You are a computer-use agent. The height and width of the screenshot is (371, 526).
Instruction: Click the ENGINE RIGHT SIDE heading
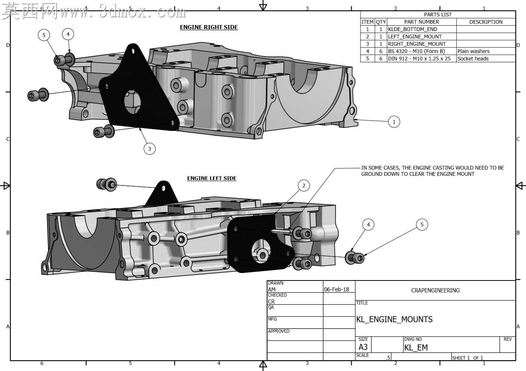click(x=209, y=27)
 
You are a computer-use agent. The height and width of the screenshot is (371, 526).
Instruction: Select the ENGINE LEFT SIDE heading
click(x=212, y=178)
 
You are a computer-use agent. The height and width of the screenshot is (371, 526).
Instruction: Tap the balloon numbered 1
click(x=394, y=122)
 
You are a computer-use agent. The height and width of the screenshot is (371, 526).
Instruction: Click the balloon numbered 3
click(x=150, y=148)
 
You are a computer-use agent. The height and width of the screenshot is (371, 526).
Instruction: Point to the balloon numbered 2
click(x=304, y=185)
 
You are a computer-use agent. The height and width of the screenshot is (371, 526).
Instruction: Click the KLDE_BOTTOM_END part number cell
click(x=412, y=29)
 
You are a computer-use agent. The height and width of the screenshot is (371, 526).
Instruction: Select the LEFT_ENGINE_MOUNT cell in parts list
click(x=415, y=37)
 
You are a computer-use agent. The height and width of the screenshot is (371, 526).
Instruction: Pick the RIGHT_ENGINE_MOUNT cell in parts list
click(x=417, y=44)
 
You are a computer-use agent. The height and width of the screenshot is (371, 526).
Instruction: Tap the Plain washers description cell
click(x=473, y=51)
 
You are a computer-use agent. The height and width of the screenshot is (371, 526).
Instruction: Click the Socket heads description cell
click(x=473, y=58)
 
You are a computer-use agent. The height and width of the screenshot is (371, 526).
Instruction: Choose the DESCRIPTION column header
click(x=486, y=22)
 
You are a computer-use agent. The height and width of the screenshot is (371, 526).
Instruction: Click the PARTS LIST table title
click(x=438, y=15)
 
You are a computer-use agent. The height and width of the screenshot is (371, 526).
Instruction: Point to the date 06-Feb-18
click(x=336, y=289)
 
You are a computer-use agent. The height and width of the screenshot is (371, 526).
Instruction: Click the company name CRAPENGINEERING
click(x=435, y=291)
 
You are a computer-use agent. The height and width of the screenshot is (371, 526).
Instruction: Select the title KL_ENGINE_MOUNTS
click(x=394, y=319)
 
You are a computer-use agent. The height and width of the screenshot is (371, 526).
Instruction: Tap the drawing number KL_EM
click(x=416, y=347)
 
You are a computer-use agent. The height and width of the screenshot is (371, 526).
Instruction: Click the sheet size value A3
click(x=363, y=347)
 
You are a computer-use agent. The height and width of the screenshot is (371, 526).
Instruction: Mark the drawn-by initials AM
click(x=272, y=289)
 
